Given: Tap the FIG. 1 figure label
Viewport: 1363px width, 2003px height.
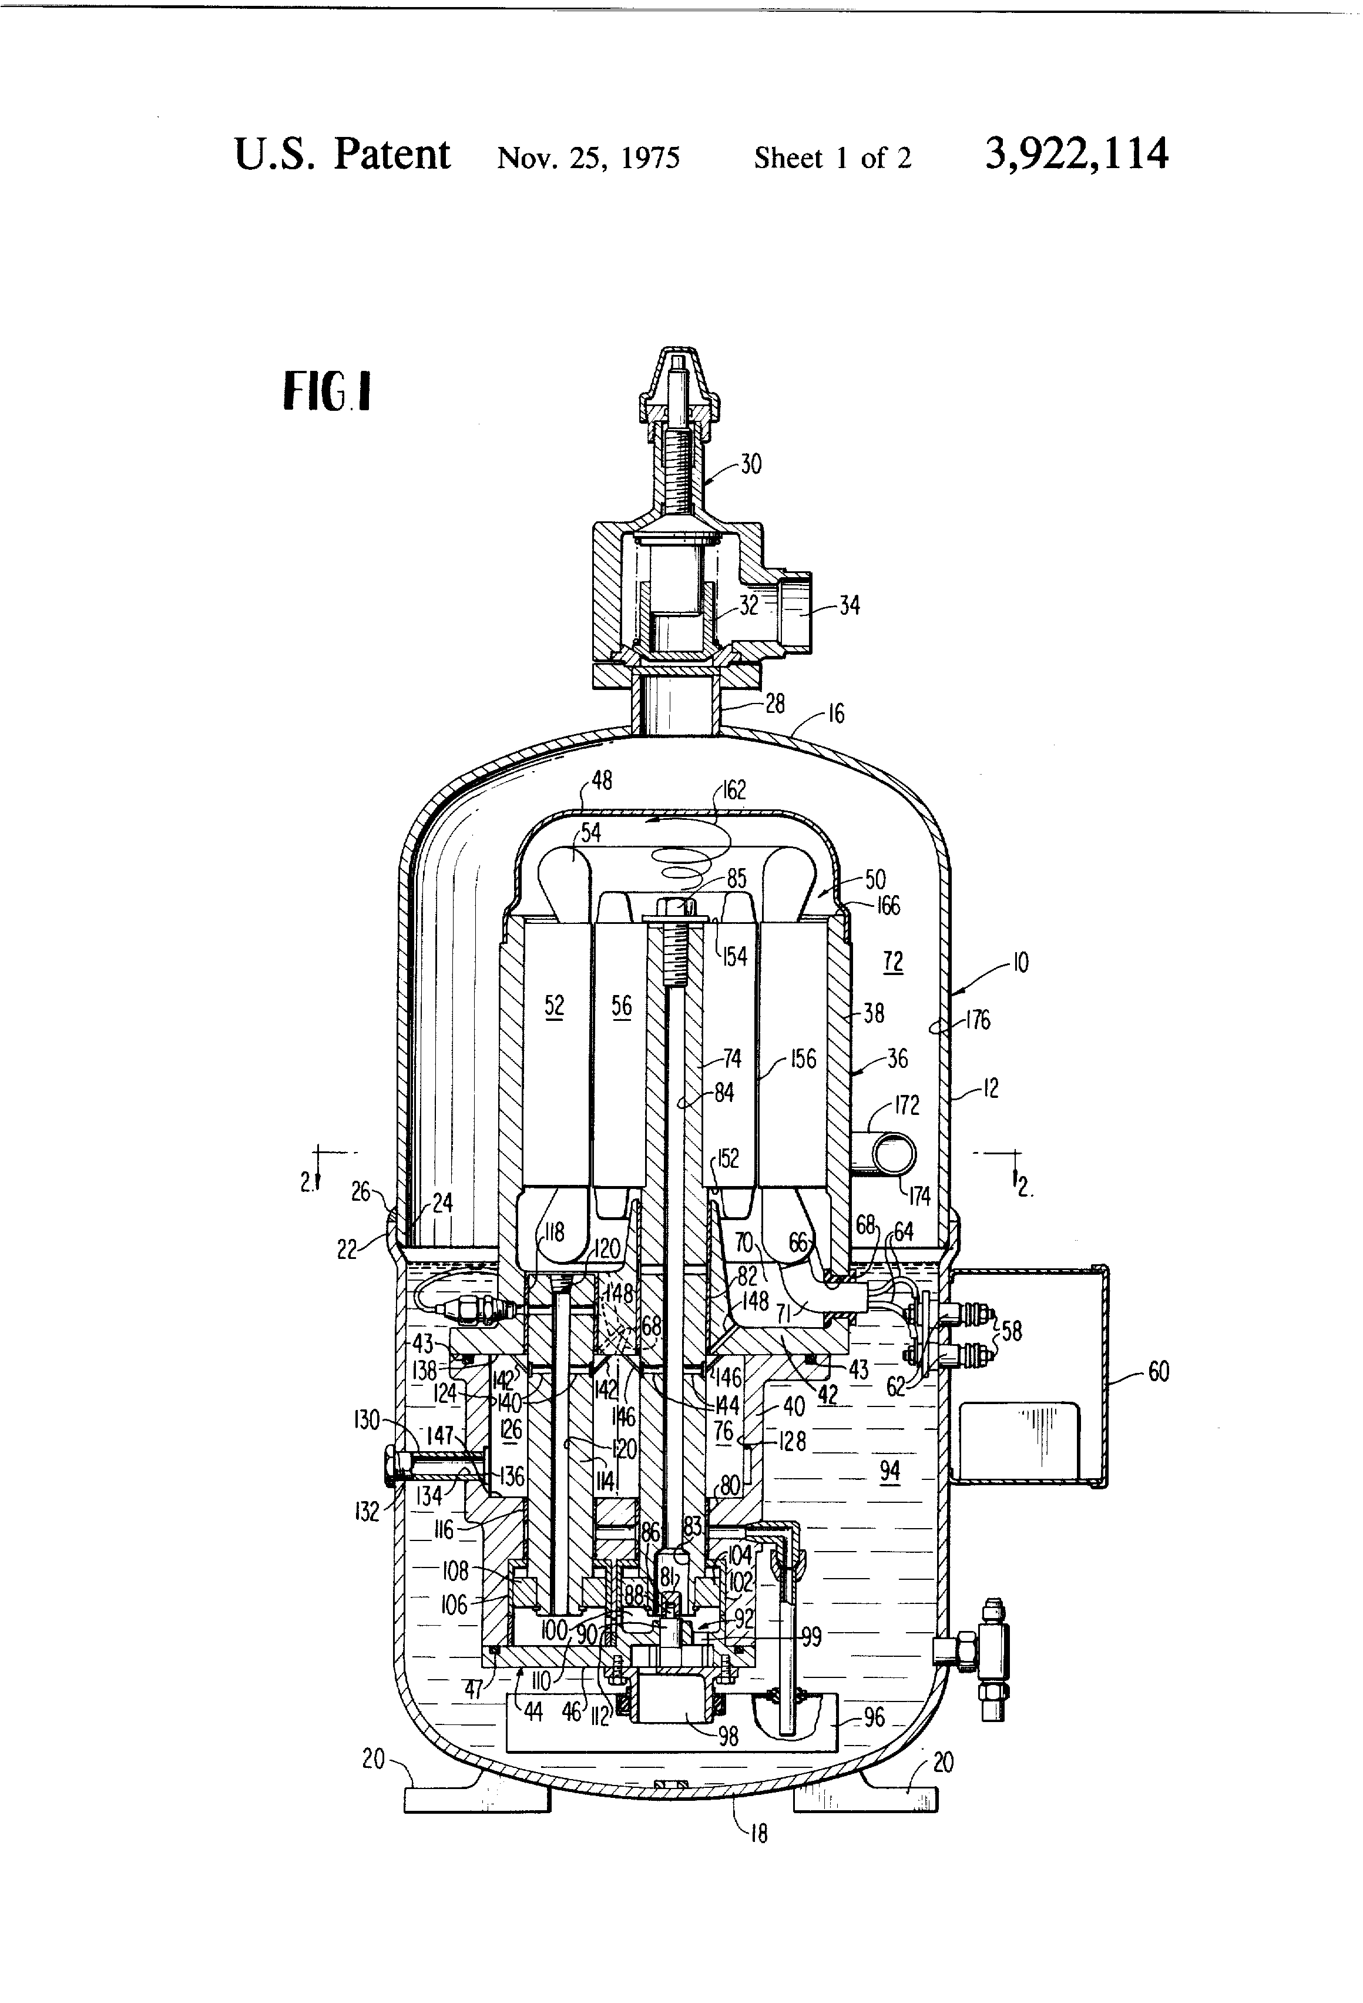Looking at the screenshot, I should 327,391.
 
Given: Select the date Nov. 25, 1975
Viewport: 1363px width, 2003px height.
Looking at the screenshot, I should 589,158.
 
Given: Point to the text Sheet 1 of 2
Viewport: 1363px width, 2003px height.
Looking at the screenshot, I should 832,158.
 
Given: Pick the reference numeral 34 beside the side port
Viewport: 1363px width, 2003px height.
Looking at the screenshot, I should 849,606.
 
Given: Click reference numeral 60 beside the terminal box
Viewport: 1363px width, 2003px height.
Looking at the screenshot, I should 1158,1371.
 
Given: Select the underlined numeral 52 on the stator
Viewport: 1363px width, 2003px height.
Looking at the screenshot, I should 554,1005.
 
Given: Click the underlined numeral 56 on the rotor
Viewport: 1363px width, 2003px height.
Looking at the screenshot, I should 621,1005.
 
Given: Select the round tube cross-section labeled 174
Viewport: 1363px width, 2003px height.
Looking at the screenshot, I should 892,1153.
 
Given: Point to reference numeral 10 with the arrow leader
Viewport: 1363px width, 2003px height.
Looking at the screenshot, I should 1019,962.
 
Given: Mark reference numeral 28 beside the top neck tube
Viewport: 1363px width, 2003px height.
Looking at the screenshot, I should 774,704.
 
